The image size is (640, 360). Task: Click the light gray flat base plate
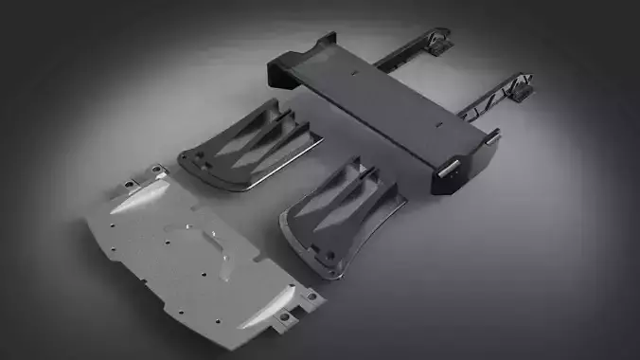coord(189,256)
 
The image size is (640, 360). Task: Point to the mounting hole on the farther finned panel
coord(187,160)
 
